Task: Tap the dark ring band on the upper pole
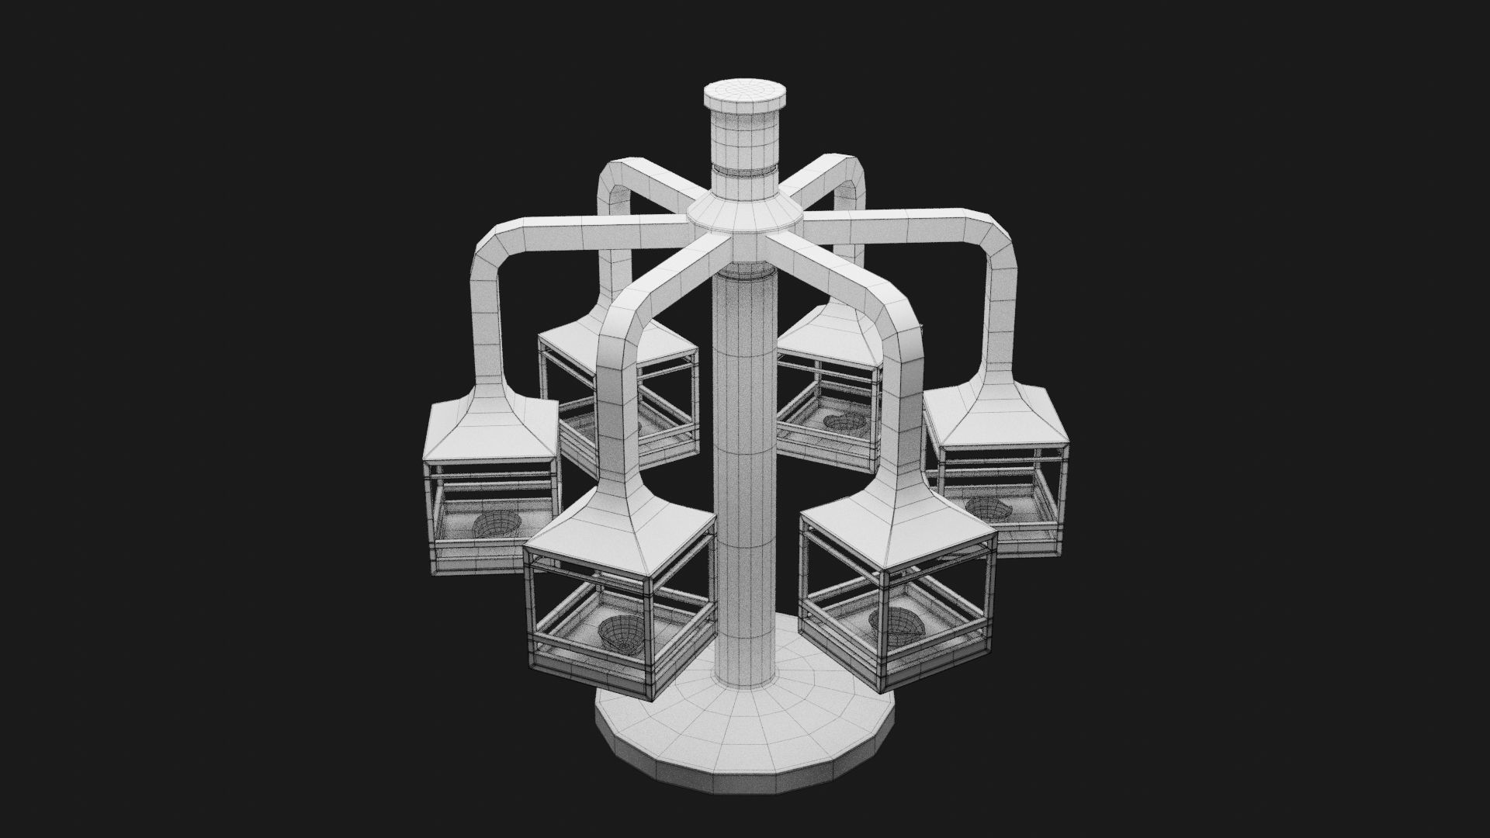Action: click(x=744, y=170)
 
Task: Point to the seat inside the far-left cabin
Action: click(x=494, y=525)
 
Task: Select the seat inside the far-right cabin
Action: click(x=989, y=509)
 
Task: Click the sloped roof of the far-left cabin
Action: click(x=490, y=427)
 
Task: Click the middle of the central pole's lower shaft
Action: click(x=745, y=481)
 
